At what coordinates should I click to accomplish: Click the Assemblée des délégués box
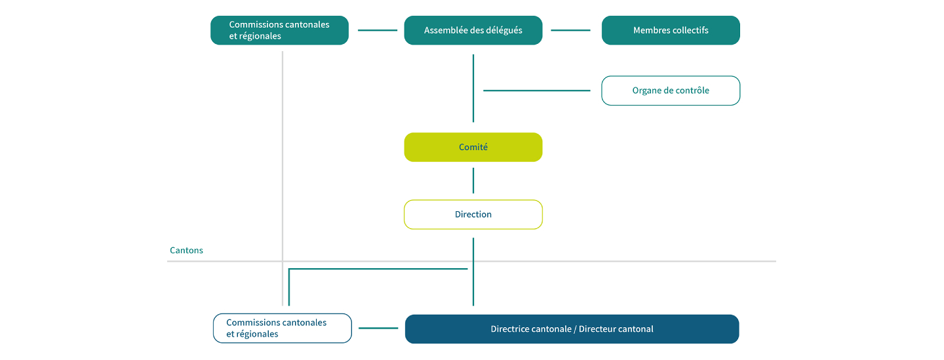coord(473,30)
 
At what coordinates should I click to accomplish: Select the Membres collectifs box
coord(671,30)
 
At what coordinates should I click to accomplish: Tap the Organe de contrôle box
coord(671,90)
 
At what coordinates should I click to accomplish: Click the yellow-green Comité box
coord(473,147)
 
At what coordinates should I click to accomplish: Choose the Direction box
coord(473,214)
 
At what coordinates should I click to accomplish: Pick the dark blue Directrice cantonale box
coord(572,329)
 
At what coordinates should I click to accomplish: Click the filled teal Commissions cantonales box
coord(279,30)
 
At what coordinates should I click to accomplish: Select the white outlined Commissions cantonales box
coord(283,328)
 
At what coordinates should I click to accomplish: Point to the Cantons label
coord(186,250)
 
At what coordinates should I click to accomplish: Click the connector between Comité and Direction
coord(473,180)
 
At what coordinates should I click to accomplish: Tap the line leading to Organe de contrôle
coord(536,90)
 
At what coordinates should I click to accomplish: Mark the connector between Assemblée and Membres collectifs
coord(570,30)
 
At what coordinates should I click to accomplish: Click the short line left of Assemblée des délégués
coord(378,30)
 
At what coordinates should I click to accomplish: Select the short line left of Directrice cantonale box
coord(378,328)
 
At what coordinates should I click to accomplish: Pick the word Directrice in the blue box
coord(509,329)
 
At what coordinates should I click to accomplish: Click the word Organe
coord(645,90)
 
